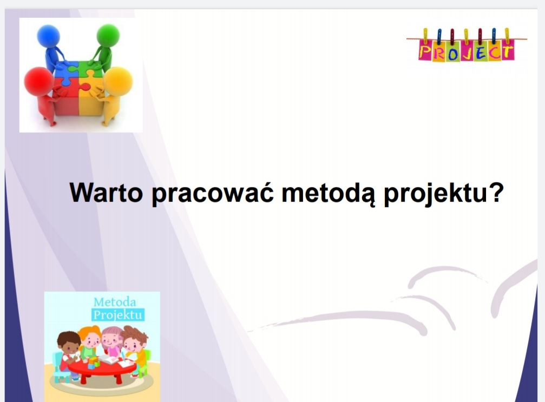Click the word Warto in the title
pos(106,193)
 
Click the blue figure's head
pos(48,36)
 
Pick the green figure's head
pos(108,36)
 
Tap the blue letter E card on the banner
pos(481,51)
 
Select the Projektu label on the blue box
pos(118,315)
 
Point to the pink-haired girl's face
pos(112,339)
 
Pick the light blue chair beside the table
pos(60,366)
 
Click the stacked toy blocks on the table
pos(93,363)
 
